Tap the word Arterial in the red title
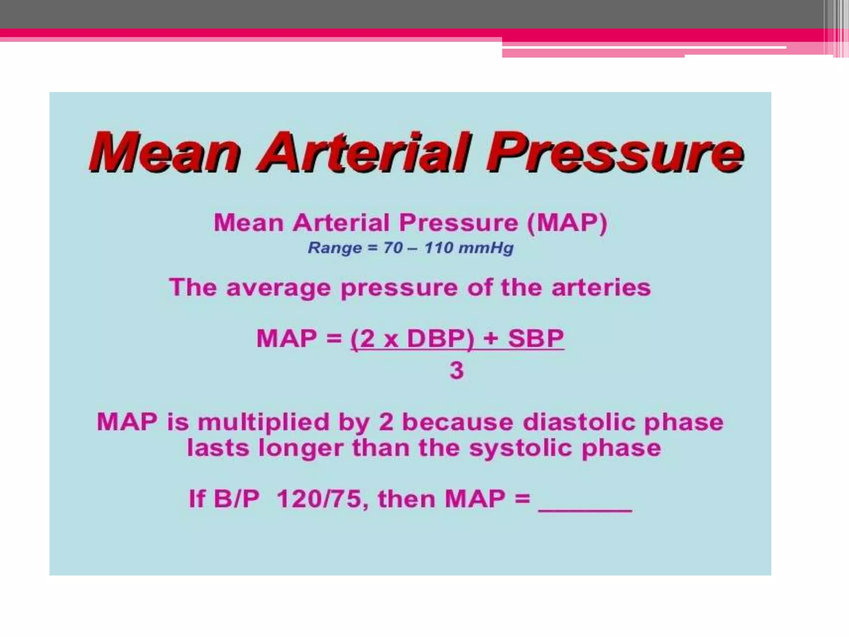365,153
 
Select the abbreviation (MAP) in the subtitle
567,223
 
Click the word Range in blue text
335,248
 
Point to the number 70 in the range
393,248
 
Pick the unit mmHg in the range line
486,248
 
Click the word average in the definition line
278,288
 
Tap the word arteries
601,288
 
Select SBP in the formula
536,338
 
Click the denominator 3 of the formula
456,370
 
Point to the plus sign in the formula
490,338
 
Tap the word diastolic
579,423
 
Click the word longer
301,448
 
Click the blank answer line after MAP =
585,508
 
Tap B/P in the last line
236,498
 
